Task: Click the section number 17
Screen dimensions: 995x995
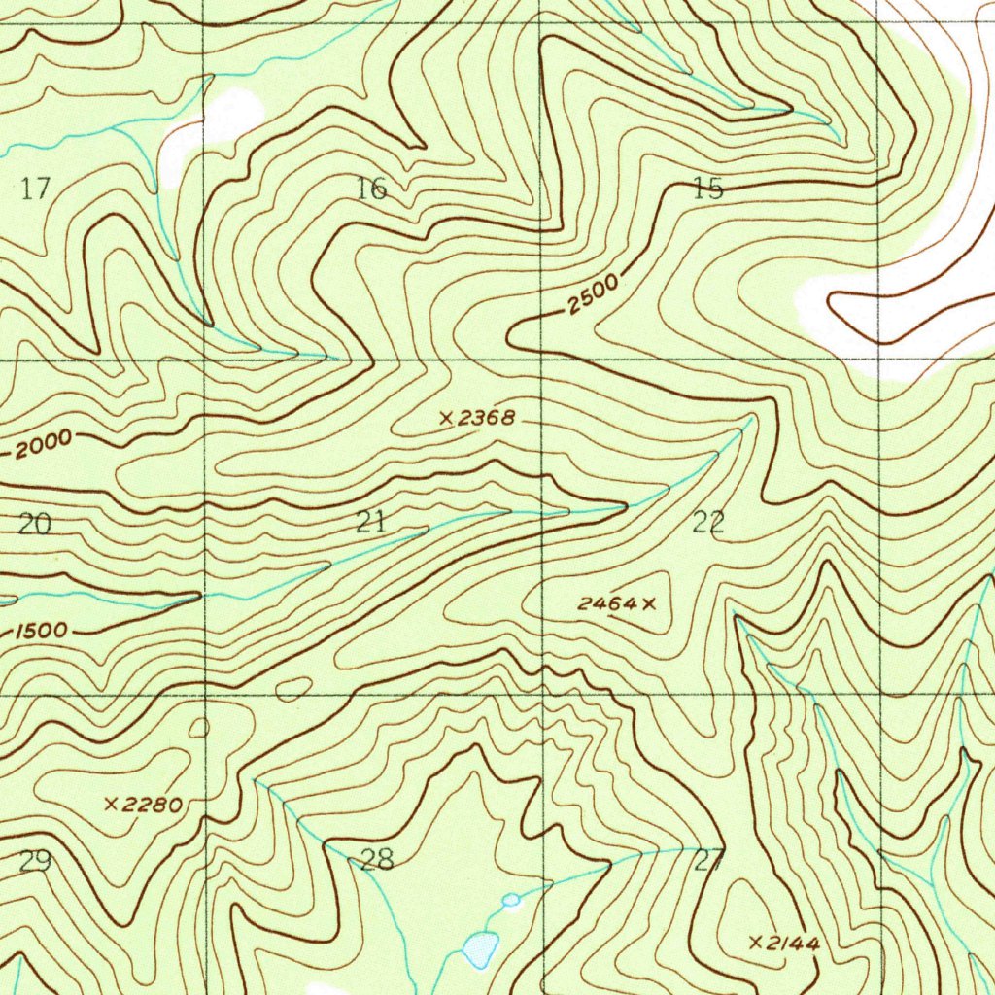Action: tap(35, 189)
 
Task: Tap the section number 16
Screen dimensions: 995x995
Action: tap(371, 189)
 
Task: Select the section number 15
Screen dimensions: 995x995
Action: tap(708, 189)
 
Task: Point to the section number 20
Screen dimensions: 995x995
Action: tap(34, 525)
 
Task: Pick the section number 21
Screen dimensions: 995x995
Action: tap(370, 523)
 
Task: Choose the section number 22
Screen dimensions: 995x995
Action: tap(708, 524)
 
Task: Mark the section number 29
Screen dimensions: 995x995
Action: tap(35, 861)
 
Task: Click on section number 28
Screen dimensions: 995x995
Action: tap(377, 859)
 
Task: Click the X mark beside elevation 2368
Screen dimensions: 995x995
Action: tap(446, 419)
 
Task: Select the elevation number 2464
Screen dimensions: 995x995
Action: tap(607, 604)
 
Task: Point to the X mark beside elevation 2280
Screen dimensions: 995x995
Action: tap(112, 804)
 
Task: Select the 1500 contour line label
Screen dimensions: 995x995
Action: tap(42, 631)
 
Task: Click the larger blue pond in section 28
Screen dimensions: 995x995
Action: tap(481, 949)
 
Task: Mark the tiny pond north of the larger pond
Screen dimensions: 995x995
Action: tap(511, 901)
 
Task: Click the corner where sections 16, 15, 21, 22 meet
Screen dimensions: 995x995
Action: tap(541, 360)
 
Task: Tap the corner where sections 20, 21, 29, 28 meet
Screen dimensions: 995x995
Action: tap(205, 696)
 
